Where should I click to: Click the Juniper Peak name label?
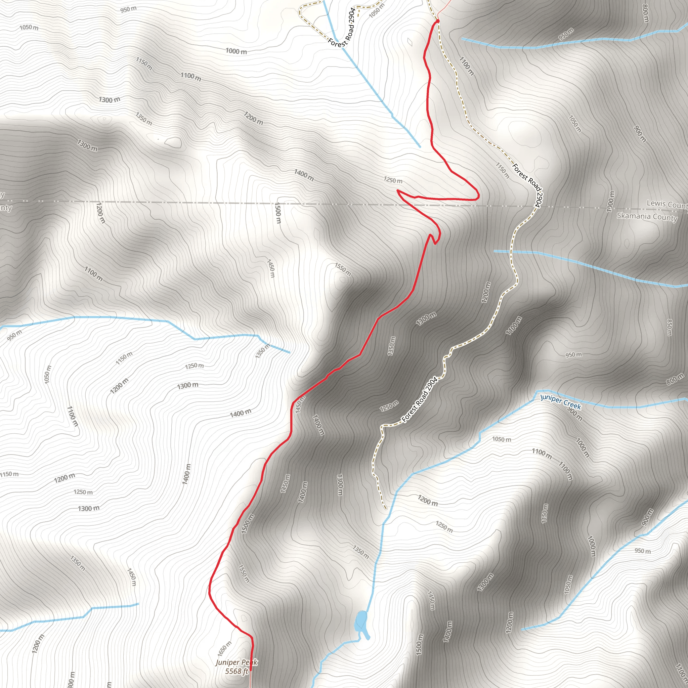coord(236,662)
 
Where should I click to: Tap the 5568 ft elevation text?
coord(236,671)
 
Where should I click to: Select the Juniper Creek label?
coord(561,401)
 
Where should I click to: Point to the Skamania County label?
coord(647,217)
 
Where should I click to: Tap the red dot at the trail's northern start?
coord(437,21)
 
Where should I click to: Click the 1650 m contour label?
coord(224,648)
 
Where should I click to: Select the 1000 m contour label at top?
coord(236,51)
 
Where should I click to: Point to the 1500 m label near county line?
coord(278,213)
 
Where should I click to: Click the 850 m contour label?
coord(669,327)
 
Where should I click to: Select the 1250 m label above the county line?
coord(393,180)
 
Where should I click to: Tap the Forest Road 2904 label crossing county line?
coord(527,185)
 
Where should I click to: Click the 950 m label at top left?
coord(128,9)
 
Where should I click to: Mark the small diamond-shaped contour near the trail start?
coord(410,42)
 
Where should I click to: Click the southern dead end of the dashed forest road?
coord(386,509)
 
